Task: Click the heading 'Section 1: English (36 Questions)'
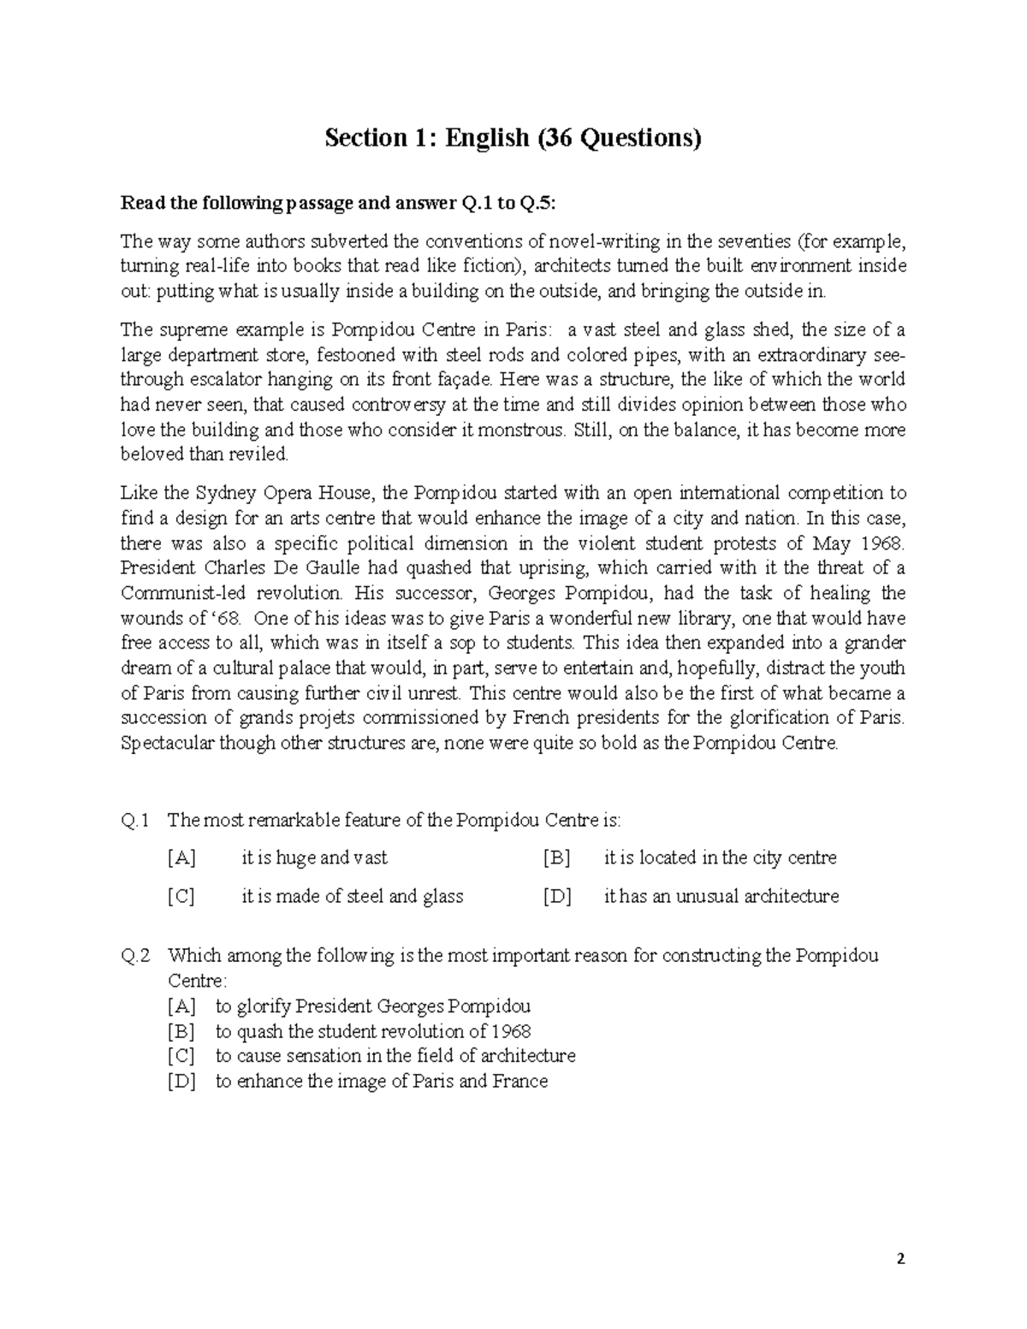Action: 513,139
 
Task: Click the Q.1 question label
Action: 135,821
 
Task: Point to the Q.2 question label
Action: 135,956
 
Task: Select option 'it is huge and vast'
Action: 314,858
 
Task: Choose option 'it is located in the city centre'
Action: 720,858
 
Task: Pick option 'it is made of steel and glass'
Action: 352,897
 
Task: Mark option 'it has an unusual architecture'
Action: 721,897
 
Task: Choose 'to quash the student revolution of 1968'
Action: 372,1031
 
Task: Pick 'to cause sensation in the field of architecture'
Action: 395,1056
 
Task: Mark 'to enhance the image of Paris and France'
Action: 381,1082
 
